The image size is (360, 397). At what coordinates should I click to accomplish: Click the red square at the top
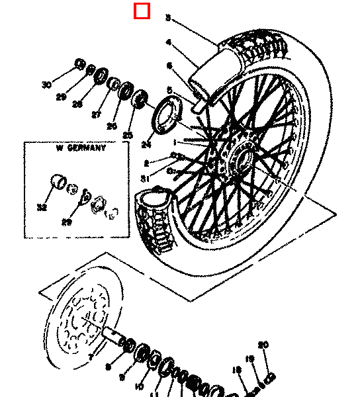[x=142, y=11]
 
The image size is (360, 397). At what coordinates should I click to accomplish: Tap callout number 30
[x=46, y=85]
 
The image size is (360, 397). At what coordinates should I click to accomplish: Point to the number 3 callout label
[x=168, y=19]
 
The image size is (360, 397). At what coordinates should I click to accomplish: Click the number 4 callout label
[x=168, y=42]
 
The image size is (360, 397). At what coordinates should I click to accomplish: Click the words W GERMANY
[x=81, y=148]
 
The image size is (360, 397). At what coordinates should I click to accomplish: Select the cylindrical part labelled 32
[x=57, y=181]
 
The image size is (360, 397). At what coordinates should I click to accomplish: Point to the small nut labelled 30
[x=79, y=64]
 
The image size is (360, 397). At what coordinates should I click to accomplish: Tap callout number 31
[x=144, y=178]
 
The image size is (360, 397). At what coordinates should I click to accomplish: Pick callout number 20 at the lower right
[x=263, y=345]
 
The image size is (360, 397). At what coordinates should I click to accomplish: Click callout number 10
[x=139, y=386]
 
